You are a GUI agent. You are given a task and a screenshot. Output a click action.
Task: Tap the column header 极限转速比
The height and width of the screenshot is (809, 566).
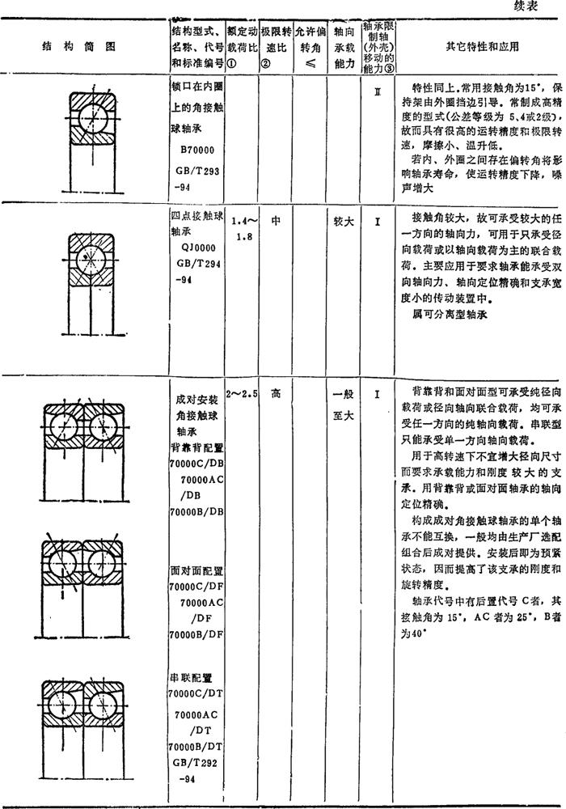pos(275,48)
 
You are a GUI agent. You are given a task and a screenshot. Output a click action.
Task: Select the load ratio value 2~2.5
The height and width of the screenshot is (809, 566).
pos(242,393)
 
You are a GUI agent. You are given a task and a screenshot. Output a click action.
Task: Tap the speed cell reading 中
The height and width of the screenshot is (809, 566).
pos(276,218)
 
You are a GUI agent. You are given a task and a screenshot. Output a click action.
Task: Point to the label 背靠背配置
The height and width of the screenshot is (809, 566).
pos(196,448)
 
